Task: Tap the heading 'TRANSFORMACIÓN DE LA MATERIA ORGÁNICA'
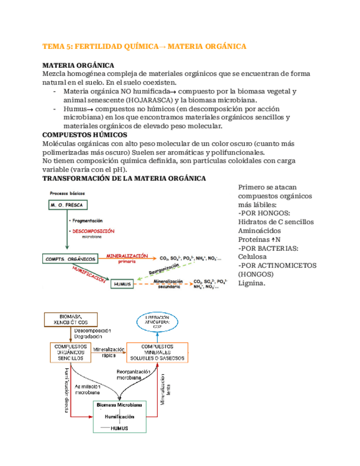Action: tap(124, 179)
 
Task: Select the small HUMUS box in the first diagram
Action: tap(123, 284)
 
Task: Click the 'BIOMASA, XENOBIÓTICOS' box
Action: tap(70, 319)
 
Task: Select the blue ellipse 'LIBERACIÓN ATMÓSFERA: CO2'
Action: tap(157, 323)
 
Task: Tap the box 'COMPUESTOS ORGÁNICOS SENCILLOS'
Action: tap(70, 352)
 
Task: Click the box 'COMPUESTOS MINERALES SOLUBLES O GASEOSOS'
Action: tap(157, 352)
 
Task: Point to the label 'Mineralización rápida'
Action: tap(108, 352)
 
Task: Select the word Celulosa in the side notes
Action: tap(252, 256)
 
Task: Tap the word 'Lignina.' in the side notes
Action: tap(252, 283)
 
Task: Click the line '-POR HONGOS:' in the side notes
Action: tap(265, 213)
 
